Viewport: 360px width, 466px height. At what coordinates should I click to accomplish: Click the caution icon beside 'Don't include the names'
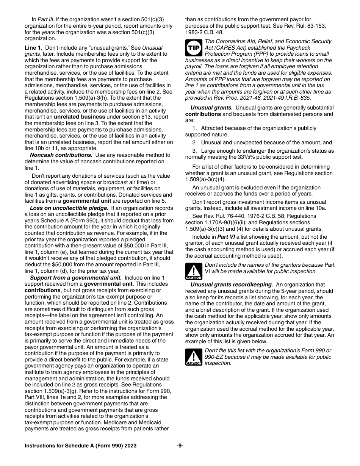point(194,271)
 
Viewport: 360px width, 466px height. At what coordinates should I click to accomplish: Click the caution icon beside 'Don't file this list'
point(194,357)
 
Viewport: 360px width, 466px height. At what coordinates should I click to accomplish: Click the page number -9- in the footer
point(180,446)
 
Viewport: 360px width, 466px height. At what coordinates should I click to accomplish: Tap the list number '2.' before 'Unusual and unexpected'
point(194,142)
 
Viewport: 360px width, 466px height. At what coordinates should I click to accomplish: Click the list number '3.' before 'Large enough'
point(194,151)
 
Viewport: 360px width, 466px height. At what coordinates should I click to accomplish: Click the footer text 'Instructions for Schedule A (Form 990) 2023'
point(81,446)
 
